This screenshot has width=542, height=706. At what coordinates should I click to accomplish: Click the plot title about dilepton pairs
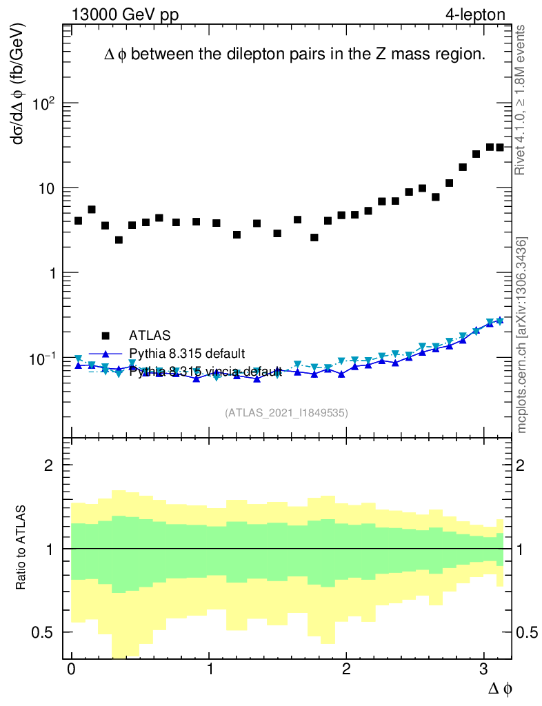[x=294, y=56]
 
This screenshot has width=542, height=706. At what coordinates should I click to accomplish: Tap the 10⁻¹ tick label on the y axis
[x=42, y=359]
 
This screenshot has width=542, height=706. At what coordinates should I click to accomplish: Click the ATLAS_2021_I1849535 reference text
[x=286, y=413]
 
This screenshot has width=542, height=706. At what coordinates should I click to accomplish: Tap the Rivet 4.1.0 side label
[x=521, y=100]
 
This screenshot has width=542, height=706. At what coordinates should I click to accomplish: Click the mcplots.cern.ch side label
[x=522, y=335]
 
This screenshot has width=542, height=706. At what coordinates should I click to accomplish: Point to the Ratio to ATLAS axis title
[x=21, y=549]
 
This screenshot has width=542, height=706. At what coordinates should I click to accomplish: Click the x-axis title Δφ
[x=500, y=687]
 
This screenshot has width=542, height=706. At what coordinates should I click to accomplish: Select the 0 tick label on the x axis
[x=71, y=670]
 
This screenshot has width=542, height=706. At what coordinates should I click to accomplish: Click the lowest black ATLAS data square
[x=119, y=240]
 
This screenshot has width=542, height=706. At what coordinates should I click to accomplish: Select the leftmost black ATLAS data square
[x=78, y=221]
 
